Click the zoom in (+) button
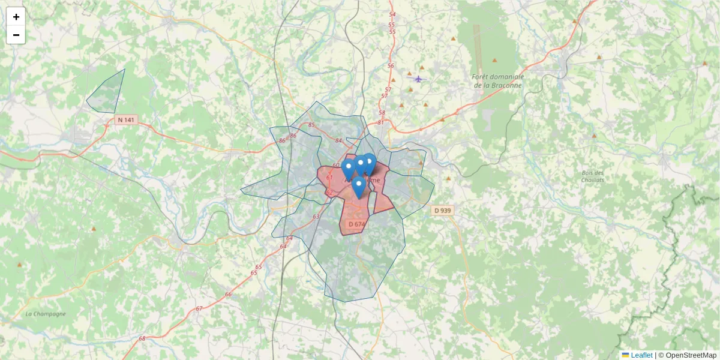click(x=16, y=17)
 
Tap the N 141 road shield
click(x=127, y=120)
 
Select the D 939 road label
click(x=442, y=211)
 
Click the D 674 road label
click(x=356, y=224)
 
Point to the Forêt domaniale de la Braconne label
click(x=498, y=81)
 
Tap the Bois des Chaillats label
click(x=593, y=176)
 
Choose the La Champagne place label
click(x=46, y=314)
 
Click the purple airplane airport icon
click(x=418, y=78)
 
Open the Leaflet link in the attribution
click(x=641, y=355)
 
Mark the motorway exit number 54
click(x=392, y=14)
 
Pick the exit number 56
click(x=391, y=65)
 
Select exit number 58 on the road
click(x=382, y=113)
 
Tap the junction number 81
click(x=380, y=122)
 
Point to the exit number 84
click(x=338, y=140)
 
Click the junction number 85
click(x=311, y=125)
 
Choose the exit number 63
click(x=316, y=217)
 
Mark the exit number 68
click(x=142, y=339)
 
